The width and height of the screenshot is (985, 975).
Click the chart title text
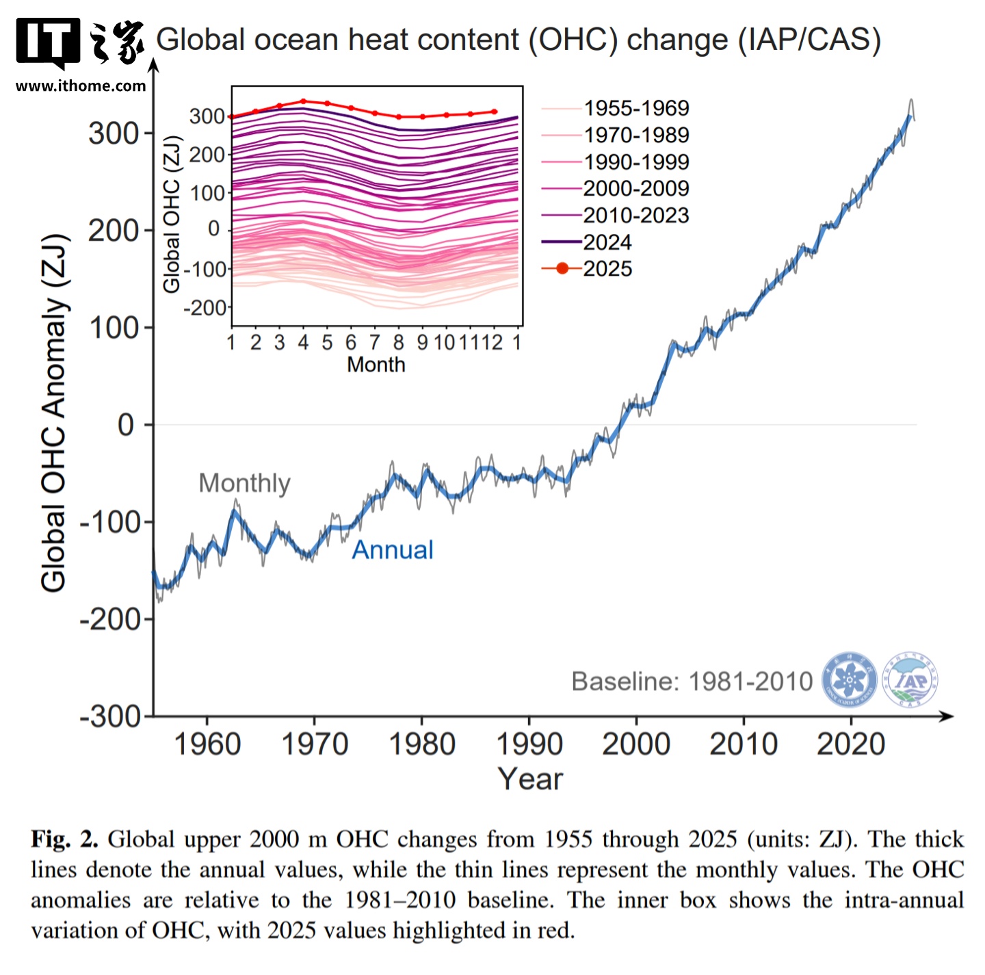click(518, 40)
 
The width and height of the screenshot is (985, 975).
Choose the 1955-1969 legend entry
click(616, 108)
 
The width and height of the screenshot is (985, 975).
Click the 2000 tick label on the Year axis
click(636, 744)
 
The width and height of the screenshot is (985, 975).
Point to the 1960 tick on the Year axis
click(207, 744)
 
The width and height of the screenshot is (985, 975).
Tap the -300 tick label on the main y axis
click(111, 716)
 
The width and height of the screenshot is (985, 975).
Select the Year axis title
click(530, 779)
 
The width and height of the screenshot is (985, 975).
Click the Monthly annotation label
click(244, 483)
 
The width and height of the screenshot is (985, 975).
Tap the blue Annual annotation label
click(393, 550)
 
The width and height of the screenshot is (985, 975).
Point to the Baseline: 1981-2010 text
click(692, 681)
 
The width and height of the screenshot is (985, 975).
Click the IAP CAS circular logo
click(910, 679)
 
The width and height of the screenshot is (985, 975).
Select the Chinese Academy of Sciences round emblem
click(850, 679)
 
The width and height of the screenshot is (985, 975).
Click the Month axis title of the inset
click(376, 365)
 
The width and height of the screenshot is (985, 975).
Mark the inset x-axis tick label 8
click(399, 342)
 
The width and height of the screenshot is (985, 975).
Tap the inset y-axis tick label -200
click(205, 308)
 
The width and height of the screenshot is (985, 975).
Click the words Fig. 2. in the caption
click(64, 839)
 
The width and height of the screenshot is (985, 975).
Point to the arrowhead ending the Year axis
click(948, 716)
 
